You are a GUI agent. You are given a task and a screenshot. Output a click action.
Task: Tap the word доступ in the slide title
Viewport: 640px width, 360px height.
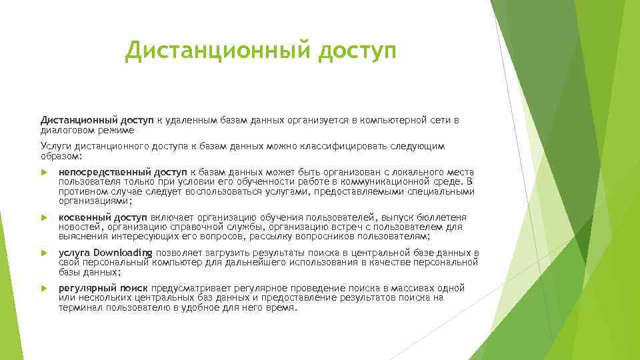click(x=357, y=51)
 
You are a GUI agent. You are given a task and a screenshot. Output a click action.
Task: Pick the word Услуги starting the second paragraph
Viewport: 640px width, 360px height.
click(x=55, y=147)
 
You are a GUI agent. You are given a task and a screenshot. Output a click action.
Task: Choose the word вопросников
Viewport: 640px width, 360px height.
click(x=357, y=237)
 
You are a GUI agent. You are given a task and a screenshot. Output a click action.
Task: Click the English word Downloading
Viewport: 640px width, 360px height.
click(x=123, y=253)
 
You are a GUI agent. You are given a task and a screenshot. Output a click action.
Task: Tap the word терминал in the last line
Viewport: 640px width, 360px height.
click(x=78, y=309)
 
